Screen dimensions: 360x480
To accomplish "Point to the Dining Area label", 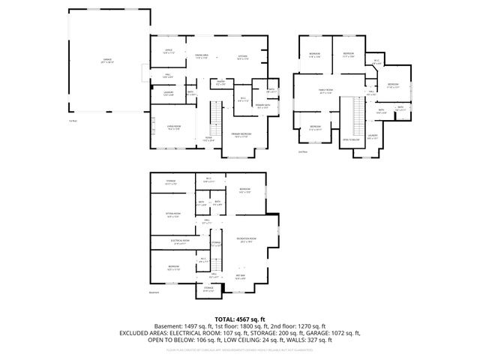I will coord(202,56).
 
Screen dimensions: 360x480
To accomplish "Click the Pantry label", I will coord(222,84).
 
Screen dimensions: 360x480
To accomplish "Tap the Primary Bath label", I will coord(260,106).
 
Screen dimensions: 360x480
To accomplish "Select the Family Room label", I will coord(325,91).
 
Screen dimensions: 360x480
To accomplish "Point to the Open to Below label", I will coord(351,139).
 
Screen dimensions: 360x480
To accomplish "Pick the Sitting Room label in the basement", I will coord(174,214).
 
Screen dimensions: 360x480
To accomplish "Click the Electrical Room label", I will coord(171,241).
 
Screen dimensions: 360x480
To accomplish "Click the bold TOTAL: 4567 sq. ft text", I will coord(240,319).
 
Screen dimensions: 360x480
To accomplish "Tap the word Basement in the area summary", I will coord(169,326).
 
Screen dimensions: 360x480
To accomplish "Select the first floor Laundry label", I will coord(169,94).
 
